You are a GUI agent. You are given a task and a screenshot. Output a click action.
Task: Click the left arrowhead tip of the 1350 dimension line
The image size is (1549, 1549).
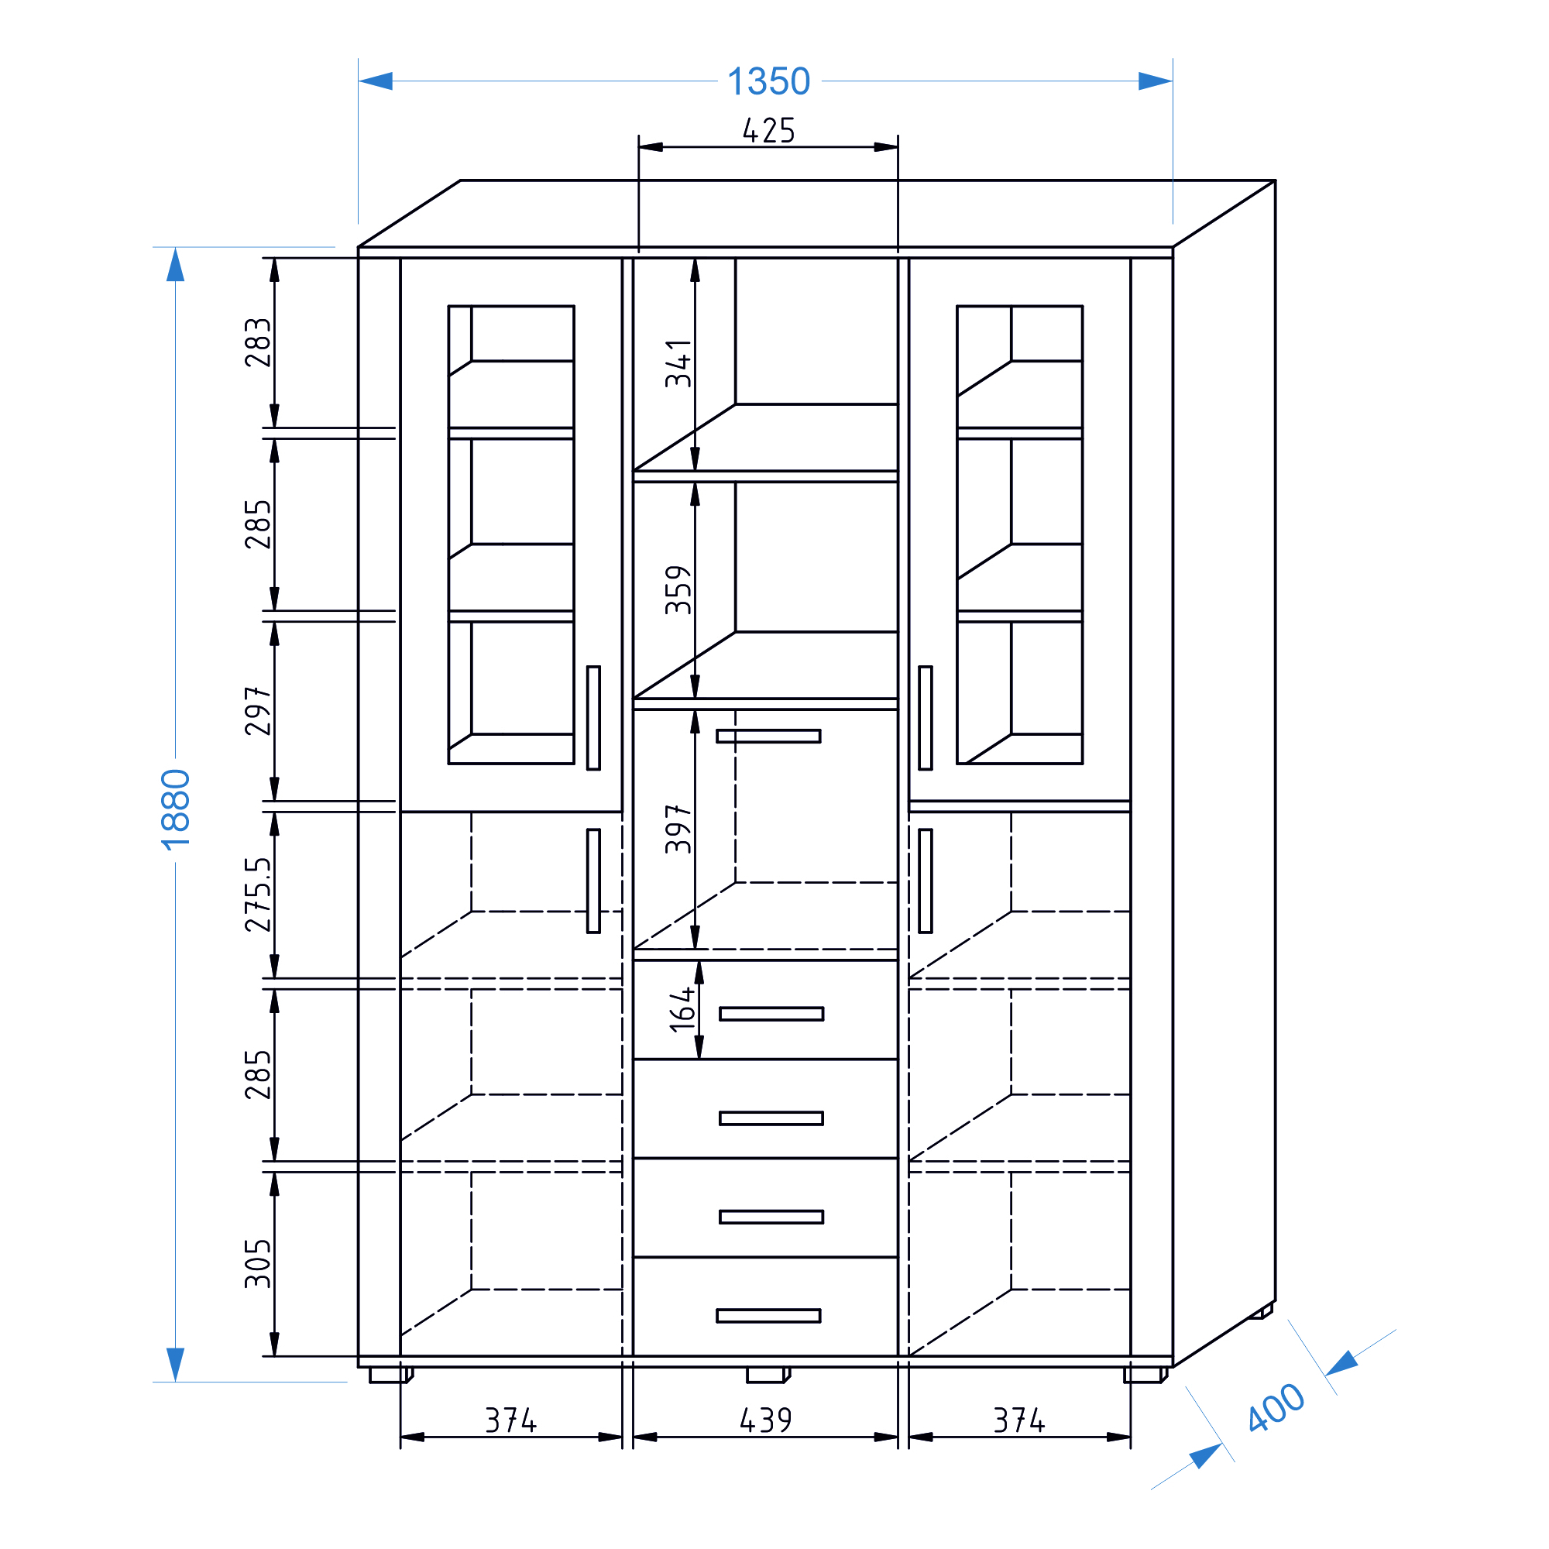pos(359,81)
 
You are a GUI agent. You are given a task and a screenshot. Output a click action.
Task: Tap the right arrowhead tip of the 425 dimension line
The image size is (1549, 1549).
pos(898,146)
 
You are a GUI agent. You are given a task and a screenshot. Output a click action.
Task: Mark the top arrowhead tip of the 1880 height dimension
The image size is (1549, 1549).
pos(176,248)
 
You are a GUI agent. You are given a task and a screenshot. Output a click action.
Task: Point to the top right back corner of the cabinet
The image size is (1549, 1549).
pos(1275,180)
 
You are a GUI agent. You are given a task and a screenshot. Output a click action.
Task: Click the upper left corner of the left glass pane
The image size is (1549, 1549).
pos(448,305)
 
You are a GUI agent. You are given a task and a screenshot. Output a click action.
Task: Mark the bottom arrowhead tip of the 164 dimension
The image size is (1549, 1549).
pos(699,1059)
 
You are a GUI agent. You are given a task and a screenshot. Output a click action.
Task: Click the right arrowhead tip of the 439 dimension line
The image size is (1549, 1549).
pos(898,1437)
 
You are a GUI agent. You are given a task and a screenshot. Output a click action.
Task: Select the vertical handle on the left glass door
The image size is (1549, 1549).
pos(593,718)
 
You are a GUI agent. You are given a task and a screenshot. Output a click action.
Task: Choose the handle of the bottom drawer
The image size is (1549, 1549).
pos(768,1316)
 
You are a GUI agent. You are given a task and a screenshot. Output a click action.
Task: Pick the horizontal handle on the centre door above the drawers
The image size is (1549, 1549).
pos(768,736)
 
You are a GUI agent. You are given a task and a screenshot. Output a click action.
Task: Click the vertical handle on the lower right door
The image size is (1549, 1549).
pos(926,881)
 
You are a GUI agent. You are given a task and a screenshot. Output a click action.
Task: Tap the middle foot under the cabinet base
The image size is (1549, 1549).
pos(768,1375)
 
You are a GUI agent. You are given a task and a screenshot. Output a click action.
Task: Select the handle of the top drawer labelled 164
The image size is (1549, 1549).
pos(771,1013)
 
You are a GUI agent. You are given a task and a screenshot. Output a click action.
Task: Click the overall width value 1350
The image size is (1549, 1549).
pos(769,82)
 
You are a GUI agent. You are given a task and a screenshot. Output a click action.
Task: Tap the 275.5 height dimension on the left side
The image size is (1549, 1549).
pos(258,894)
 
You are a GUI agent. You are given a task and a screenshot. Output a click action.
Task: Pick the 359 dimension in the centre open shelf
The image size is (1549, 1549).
pos(678,589)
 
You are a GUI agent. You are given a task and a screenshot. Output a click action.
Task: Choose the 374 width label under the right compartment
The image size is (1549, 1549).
pos(1019,1420)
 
